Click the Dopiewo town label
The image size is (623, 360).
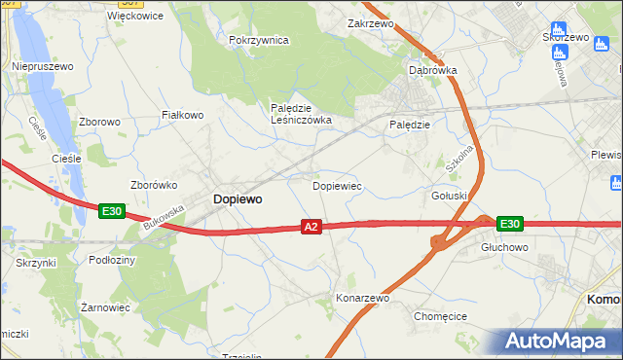pos(237,198)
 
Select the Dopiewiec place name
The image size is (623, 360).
pos(337,184)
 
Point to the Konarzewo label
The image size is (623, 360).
pos(362,298)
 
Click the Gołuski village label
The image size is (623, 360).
pos(450,196)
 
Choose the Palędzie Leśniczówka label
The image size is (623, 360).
pos(301,114)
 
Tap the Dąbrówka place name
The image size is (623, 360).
pos(432,70)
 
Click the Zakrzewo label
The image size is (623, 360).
pos(369,22)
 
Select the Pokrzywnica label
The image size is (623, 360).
pos(259,40)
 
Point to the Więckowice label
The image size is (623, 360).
pos(135,17)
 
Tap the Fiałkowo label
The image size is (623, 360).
pos(182,115)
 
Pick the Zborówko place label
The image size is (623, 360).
pos(153,184)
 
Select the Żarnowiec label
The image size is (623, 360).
pos(105,306)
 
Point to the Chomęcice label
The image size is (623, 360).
pos(441,316)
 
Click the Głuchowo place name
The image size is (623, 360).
pos(503,247)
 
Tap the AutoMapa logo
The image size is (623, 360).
pos(559,341)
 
